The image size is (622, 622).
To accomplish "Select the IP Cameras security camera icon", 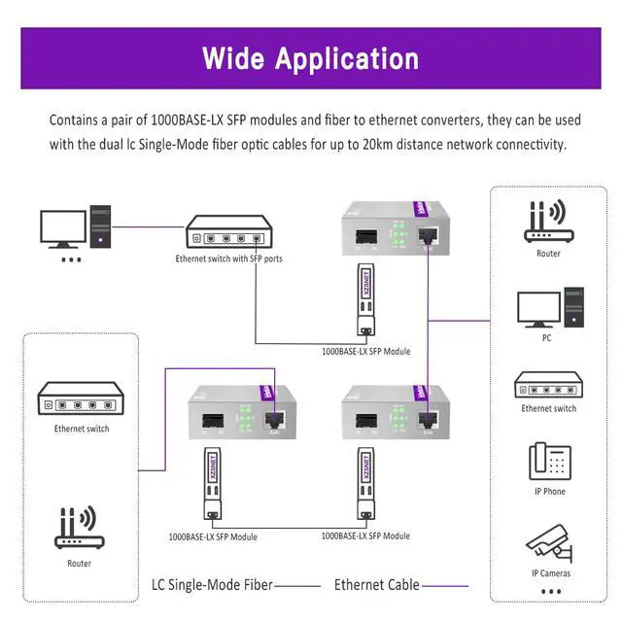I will tap(549, 543).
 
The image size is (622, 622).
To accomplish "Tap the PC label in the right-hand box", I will tap(546, 338).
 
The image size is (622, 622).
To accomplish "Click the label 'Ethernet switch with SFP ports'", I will tap(229, 259).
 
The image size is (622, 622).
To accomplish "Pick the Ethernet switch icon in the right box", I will tap(549, 386).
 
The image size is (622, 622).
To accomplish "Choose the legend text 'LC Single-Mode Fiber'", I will tap(211, 585).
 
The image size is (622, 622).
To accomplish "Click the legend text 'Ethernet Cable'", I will tap(377, 585).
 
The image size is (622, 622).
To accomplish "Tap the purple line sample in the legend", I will tap(444, 586).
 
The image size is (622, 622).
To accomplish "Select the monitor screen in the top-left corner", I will tap(61, 228).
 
